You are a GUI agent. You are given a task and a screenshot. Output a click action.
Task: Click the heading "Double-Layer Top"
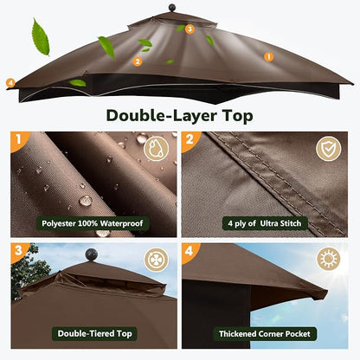click(x=179, y=116)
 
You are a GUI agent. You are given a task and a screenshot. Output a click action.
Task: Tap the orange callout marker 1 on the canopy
click(x=268, y=57)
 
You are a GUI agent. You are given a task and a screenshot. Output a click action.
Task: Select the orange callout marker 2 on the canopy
click(x=138, y=61)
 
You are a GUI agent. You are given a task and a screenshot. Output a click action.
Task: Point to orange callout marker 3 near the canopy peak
click(x=190, y=29)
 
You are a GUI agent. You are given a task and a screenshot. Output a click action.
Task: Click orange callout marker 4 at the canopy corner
click(x=10, y=83)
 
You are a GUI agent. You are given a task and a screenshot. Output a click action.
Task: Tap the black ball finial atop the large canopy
click(x=172, y=8)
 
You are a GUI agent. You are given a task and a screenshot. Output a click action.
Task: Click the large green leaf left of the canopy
click(x=41, y=36)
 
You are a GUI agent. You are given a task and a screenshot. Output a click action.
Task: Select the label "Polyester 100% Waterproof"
click(x=93, y=223)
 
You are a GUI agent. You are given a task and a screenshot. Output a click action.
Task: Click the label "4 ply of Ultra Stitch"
click(x=265, y=223)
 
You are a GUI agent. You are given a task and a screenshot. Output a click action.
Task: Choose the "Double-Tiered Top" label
click(x=94, y=334)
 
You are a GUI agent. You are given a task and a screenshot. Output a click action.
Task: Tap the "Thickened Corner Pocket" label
click(x=265, y=334)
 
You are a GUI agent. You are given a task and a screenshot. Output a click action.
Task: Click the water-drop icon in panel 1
click(x=156, y=149)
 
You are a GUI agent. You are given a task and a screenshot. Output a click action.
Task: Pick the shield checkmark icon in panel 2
click(x=328, y=149)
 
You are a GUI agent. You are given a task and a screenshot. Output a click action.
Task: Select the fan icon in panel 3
click(x=156, y=260)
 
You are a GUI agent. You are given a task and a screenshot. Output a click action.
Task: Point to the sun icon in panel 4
click(x=328, y=259)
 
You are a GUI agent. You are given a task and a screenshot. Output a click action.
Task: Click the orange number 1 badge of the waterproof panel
click(x=18, y=140)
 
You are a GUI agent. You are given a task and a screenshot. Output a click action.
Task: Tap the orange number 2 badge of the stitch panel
click(x=190, y=140)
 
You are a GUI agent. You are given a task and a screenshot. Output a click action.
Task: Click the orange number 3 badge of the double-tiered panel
click(x=18, y=251)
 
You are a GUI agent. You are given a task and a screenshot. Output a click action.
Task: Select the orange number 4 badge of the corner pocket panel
click(x=189, y=251)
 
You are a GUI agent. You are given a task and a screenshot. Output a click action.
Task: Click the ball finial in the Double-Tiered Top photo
click(x=92, y=255)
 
